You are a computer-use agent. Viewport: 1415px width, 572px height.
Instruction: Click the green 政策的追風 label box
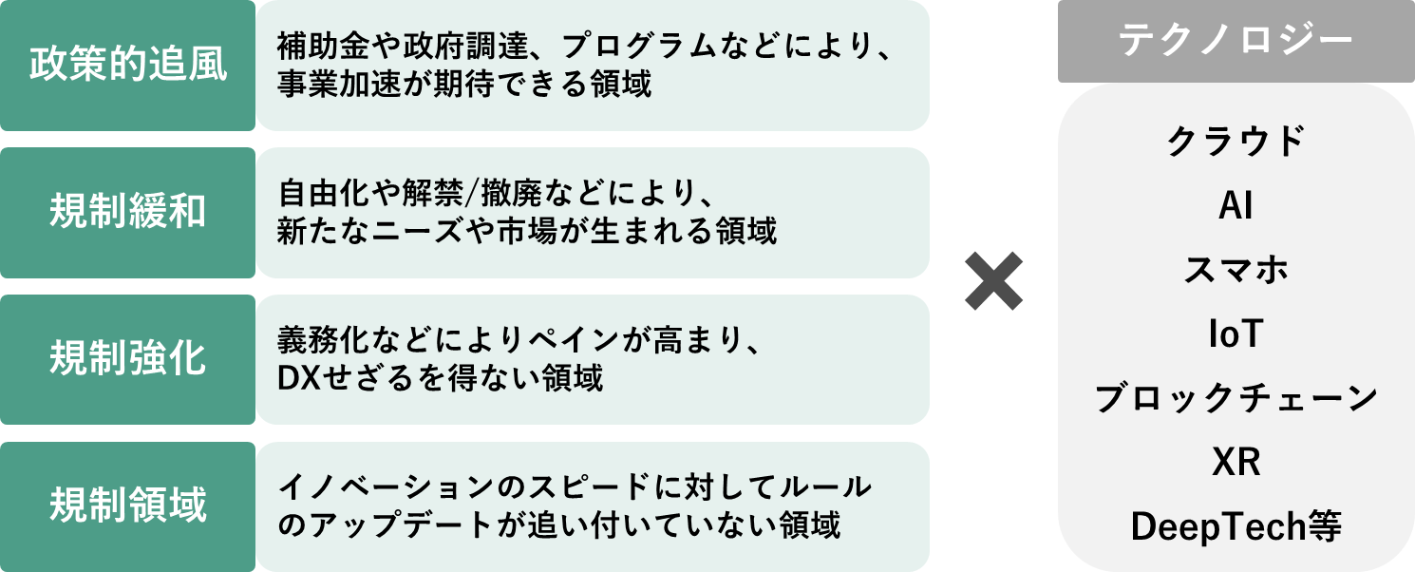127,66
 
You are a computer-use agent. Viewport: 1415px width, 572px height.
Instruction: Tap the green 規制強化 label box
127,360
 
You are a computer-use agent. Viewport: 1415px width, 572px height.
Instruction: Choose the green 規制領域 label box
127,506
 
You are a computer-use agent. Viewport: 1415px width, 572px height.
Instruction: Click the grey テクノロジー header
1236,41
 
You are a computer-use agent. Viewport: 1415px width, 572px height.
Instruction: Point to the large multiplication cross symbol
993,281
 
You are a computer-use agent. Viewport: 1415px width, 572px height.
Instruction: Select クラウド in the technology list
1236,143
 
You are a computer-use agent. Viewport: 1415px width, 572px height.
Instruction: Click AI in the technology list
1236,206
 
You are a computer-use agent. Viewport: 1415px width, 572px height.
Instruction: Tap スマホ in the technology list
1236,270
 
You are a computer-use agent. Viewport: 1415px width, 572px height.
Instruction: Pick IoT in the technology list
1236,334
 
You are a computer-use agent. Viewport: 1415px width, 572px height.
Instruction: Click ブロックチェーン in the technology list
1236,398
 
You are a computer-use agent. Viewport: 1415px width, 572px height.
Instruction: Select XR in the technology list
1236,462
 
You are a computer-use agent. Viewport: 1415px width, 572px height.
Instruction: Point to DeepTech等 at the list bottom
1236,525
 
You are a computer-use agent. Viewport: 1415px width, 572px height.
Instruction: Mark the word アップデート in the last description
393,524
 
